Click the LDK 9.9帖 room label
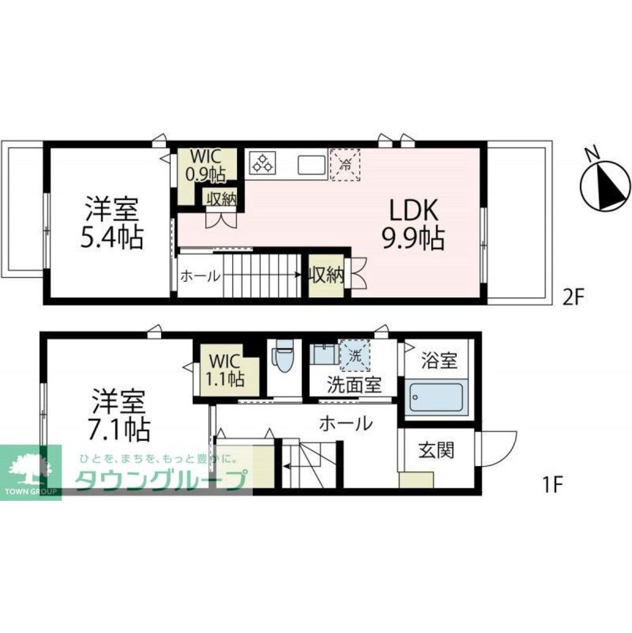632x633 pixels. coord(413,224)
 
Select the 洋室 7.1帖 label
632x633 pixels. coord(119,415)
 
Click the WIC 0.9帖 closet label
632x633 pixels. coord(205,165)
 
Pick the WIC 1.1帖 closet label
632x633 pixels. coord(225,370)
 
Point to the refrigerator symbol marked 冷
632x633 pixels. coord(345,164)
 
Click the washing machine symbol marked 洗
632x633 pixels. coord(355,355)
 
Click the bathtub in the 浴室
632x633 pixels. coord(436,397)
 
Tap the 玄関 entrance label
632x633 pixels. coord(436,450)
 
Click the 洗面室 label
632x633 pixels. coord(355,384)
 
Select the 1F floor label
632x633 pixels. coord(552,484)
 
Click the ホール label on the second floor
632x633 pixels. coord(200,276)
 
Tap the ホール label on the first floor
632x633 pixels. coord(346,424)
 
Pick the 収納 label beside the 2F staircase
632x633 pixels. coord(326,275)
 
